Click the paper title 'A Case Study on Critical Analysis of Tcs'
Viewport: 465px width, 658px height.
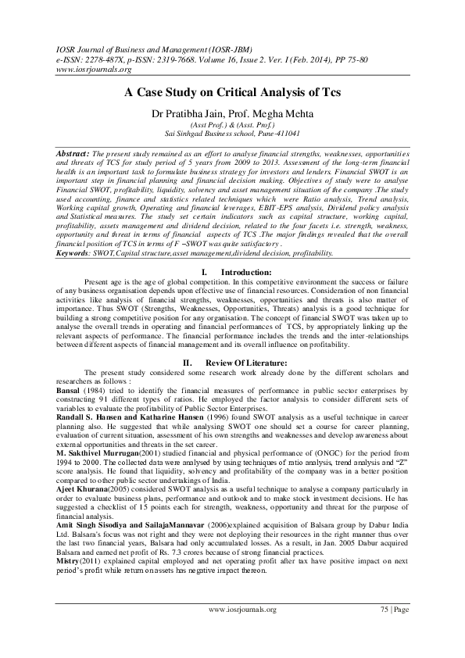(x=232, y=91)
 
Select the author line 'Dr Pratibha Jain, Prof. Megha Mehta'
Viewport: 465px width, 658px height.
(x=232, y=113)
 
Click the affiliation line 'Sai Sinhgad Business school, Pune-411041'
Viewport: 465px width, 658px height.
(x=232, y=134)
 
